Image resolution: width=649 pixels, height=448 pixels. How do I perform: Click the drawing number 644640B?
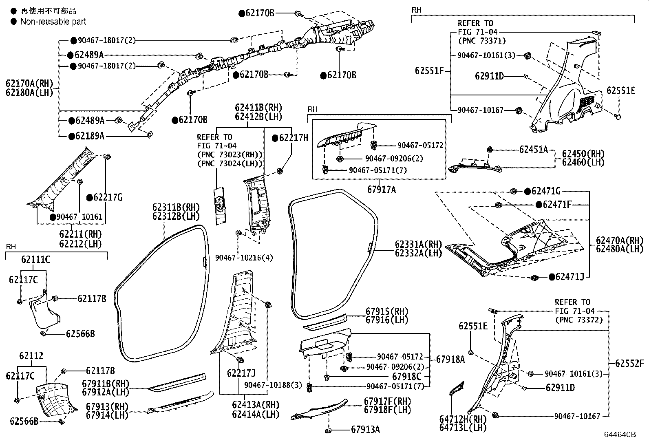(620, 435)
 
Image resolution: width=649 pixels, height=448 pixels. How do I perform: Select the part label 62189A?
(89, 136)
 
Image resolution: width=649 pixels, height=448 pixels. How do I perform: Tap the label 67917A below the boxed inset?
(381, 189)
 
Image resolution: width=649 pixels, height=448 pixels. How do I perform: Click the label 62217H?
(294, 138)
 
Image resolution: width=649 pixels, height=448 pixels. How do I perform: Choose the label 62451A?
(533, 150)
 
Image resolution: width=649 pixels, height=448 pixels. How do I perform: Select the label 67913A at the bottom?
(365, 429)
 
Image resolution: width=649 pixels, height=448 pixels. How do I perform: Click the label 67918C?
(406, 377)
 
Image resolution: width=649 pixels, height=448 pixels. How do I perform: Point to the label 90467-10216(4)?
(244, 258)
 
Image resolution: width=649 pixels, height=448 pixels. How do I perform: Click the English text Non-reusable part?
(53, 22)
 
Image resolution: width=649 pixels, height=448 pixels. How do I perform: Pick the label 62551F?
(429, 71)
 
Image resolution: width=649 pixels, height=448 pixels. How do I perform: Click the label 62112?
(31, 356)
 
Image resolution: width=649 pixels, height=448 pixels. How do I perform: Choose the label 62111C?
(35, 259)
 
